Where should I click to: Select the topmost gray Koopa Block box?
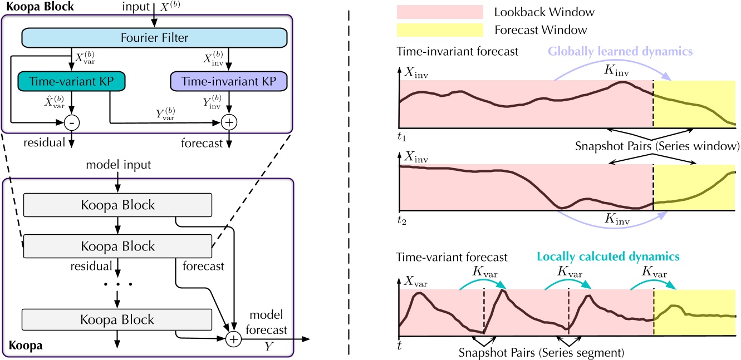point(117,205)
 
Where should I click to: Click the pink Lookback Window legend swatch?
point(439,12)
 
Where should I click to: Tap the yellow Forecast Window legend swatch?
point(439,30)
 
